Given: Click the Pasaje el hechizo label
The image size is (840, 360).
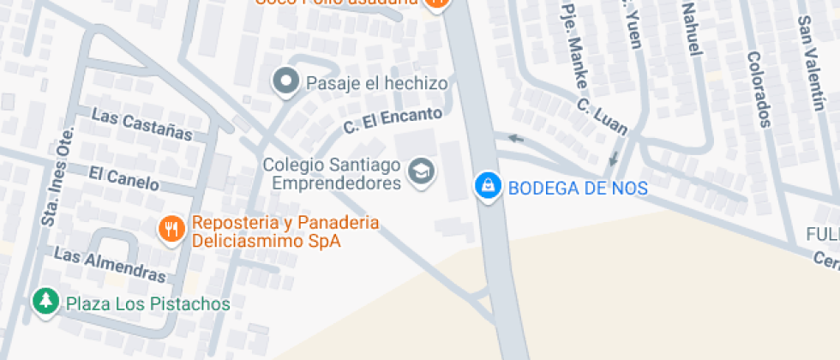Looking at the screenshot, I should point(377,83).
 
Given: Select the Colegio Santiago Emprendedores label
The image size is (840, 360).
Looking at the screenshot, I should point(332,173).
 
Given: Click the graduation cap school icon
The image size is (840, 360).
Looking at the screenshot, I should point(421,171).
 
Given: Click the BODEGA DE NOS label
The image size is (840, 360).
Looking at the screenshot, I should point(578,188).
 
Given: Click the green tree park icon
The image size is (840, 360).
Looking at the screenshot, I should point(45,301).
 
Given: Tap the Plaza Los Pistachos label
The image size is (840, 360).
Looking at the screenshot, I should point(148,303).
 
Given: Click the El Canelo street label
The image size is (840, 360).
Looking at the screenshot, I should point(123,177).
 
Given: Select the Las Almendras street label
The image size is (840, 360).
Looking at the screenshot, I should point(109,264).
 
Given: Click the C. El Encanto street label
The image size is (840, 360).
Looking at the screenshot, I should point(393,120).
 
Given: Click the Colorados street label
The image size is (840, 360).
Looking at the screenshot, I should point(758,88).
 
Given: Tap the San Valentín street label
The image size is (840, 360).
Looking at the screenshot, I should point(809,64).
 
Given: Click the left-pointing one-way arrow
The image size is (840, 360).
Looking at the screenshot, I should point(514,137).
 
